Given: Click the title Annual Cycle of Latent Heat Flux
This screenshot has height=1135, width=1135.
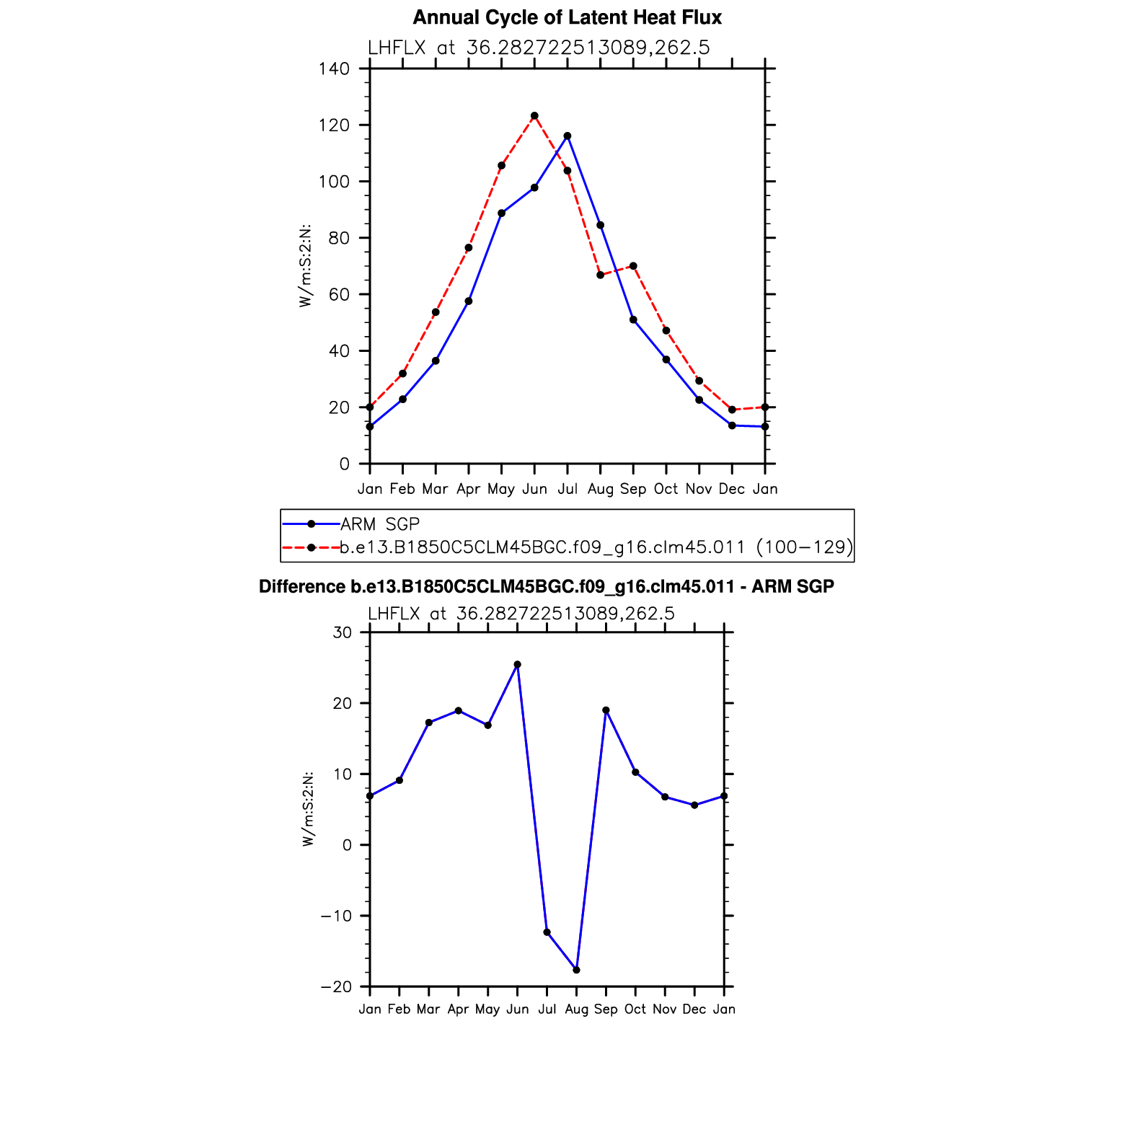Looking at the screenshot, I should tap(567, 18).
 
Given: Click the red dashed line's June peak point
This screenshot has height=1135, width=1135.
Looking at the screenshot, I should tap(534, 116).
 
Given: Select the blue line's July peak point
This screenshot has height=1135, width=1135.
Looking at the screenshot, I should tap(567, 136).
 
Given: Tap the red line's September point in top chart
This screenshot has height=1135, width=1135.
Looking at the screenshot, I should tap(633, 266).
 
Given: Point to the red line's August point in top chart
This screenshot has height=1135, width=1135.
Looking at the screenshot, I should tap(600, 275).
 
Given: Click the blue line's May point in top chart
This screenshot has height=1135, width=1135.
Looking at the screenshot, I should tap(501, 213).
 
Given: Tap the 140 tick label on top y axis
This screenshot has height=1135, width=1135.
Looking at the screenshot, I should tap(334, 69).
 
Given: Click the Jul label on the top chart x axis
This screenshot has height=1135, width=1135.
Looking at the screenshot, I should tap(567, 489).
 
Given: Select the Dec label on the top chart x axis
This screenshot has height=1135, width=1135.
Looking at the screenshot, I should tap(732, 489).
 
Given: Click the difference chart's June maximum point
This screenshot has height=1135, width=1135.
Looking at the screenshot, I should tap(517, 665).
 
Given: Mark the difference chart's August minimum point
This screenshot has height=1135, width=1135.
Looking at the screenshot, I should tap(576, 970).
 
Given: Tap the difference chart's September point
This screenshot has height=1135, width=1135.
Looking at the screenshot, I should tap(606, 710).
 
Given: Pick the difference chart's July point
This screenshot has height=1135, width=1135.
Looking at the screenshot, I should tap(547, 932).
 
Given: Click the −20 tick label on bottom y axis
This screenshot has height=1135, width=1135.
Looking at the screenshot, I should tap(337, 987).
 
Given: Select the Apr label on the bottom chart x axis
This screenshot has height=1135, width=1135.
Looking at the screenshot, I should tap(458, 1010).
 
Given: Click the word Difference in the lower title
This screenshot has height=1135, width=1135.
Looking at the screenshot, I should tap(302, 587).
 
